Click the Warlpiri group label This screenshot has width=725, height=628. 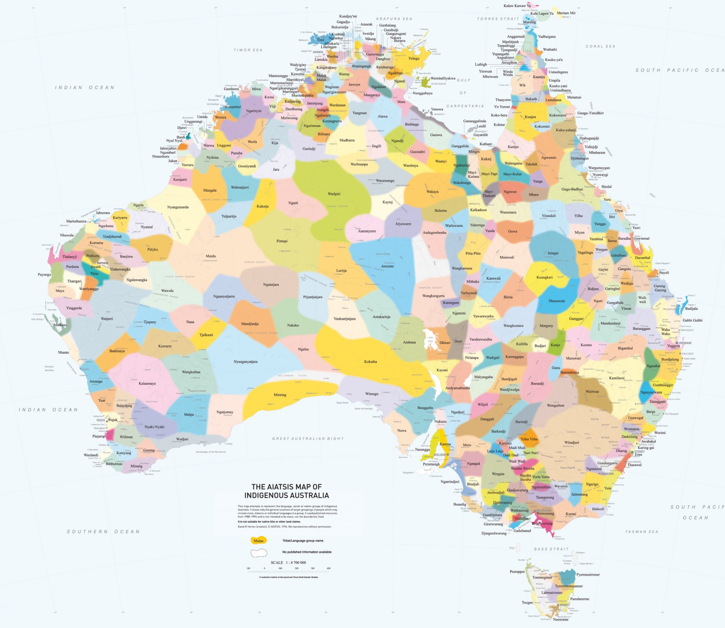tap(334, 194)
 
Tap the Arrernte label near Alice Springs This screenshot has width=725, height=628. tap(387, 266)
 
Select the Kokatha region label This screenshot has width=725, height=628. tap(370, 362)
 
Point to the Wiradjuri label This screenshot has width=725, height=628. tap(571, 442)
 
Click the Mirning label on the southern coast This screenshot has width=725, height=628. tap(280, 395)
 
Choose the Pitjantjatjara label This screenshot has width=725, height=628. tap(313, 297)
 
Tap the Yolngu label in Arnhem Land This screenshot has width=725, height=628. tap(413, 59)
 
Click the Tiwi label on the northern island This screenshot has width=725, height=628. tap(320, 40)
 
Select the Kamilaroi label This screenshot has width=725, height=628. tap(616, 378)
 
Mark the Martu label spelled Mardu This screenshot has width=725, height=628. tap(211, 256)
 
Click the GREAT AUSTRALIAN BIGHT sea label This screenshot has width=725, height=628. tap(308, 438)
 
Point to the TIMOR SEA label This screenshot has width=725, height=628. tap(248, 50)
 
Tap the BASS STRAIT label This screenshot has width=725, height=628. tap(551, 549)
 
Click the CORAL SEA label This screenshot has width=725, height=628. tap(600, 46)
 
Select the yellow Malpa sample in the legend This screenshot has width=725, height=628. tap(258, 541)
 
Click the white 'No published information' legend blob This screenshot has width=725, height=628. tap(259, 553)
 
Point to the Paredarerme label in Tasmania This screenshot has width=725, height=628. tap(580, 599)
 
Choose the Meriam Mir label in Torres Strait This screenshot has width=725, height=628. tap(566, 13)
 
